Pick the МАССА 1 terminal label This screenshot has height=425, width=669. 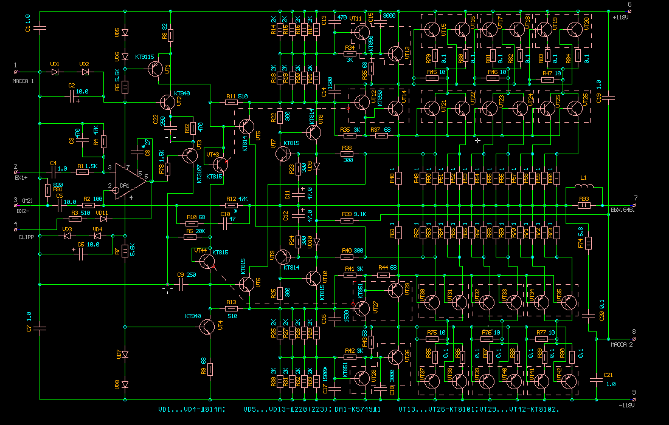24,81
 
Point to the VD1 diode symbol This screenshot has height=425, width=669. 55,72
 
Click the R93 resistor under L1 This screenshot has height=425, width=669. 584,206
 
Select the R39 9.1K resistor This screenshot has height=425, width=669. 347,220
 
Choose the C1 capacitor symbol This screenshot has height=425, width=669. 40,27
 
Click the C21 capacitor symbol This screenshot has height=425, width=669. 597,380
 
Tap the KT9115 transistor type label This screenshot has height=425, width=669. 147,56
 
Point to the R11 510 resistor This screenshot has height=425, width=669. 232,103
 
